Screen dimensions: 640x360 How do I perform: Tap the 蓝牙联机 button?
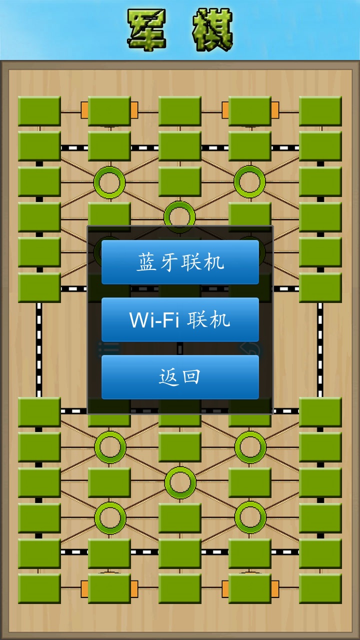[180, 262]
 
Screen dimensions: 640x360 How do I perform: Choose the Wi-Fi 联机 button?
[180, 319]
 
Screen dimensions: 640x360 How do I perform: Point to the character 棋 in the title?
[212, 30]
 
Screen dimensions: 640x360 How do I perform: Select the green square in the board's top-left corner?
[39, 111]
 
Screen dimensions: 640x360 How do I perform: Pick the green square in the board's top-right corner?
[320, 111]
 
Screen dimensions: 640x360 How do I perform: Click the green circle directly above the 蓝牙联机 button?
[179, 216]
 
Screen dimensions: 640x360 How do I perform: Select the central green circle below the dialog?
[179, 482]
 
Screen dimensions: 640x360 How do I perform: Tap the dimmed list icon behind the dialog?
[108, 348]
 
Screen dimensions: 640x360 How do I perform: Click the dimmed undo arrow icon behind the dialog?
[250, 348]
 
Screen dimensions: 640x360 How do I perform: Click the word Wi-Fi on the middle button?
[154, 319]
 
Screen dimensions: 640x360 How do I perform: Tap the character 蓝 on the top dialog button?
[145, 262]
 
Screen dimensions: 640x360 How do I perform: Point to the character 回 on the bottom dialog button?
[190, 377]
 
